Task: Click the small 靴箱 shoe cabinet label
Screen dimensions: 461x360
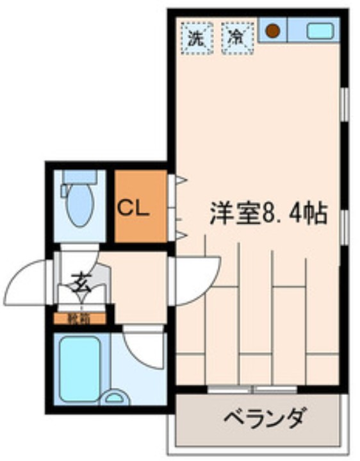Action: (80, 317)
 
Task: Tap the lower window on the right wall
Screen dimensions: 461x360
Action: (345, 228)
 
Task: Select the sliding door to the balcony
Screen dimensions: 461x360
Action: (253, 389)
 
